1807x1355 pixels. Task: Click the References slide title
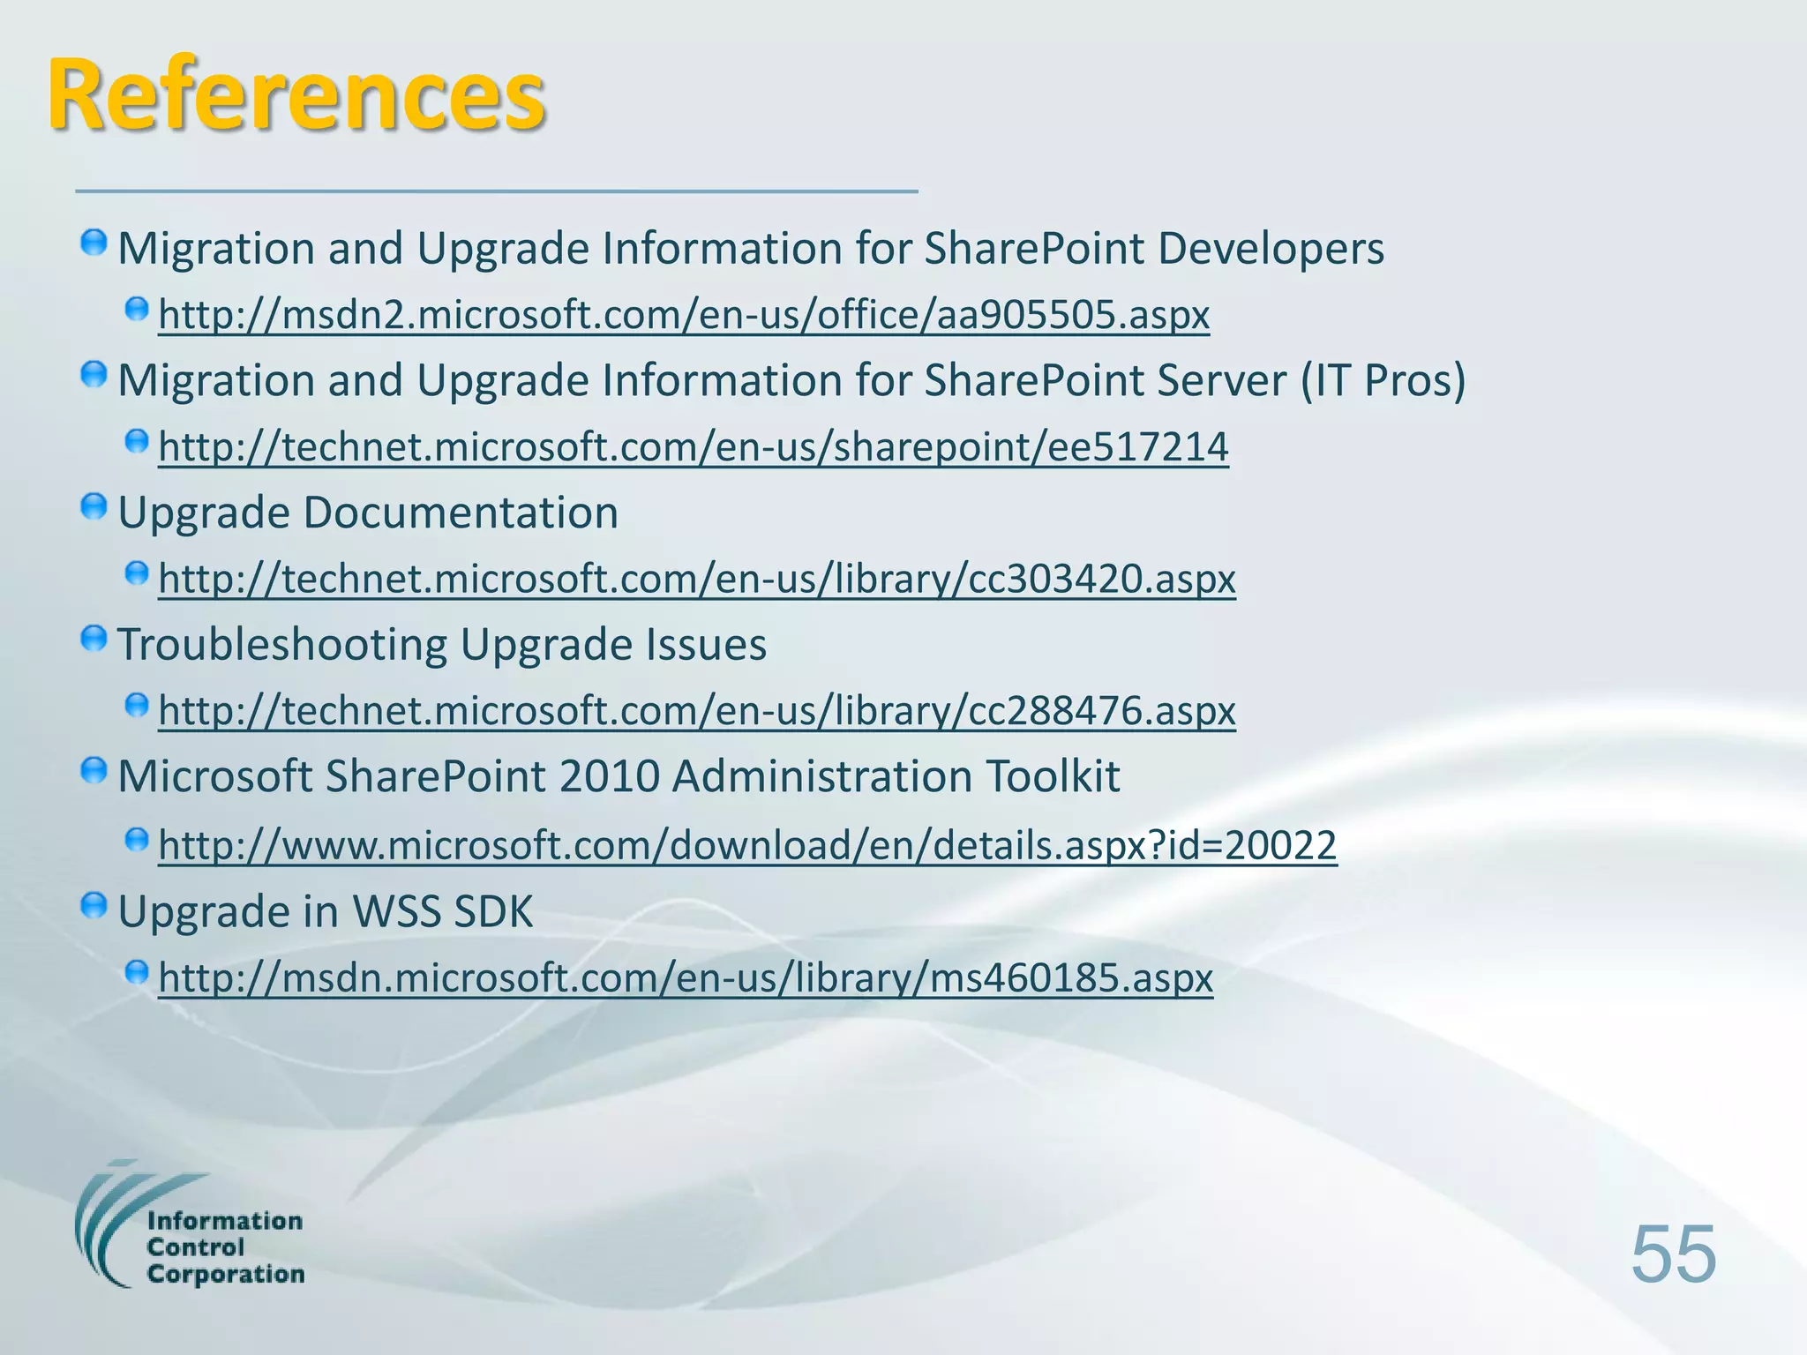(296, 95)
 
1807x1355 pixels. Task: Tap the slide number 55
(1673, 1254)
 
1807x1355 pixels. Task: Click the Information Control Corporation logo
(190, 1226)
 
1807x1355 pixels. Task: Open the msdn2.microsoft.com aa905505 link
(684, 315)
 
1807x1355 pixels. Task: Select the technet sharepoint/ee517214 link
(694, 447)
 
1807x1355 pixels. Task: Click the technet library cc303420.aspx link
(697, 580)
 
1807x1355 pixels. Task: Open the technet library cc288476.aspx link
(697, 711)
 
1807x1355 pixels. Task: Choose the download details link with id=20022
(747, 846)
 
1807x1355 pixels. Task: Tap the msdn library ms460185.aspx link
(686, 978)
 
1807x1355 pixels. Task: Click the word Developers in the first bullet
(1271, 249)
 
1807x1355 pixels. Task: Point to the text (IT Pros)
(1383, 381)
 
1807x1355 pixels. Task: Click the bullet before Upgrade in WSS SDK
(94, 906)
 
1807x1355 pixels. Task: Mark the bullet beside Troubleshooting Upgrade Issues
(94, 640)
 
